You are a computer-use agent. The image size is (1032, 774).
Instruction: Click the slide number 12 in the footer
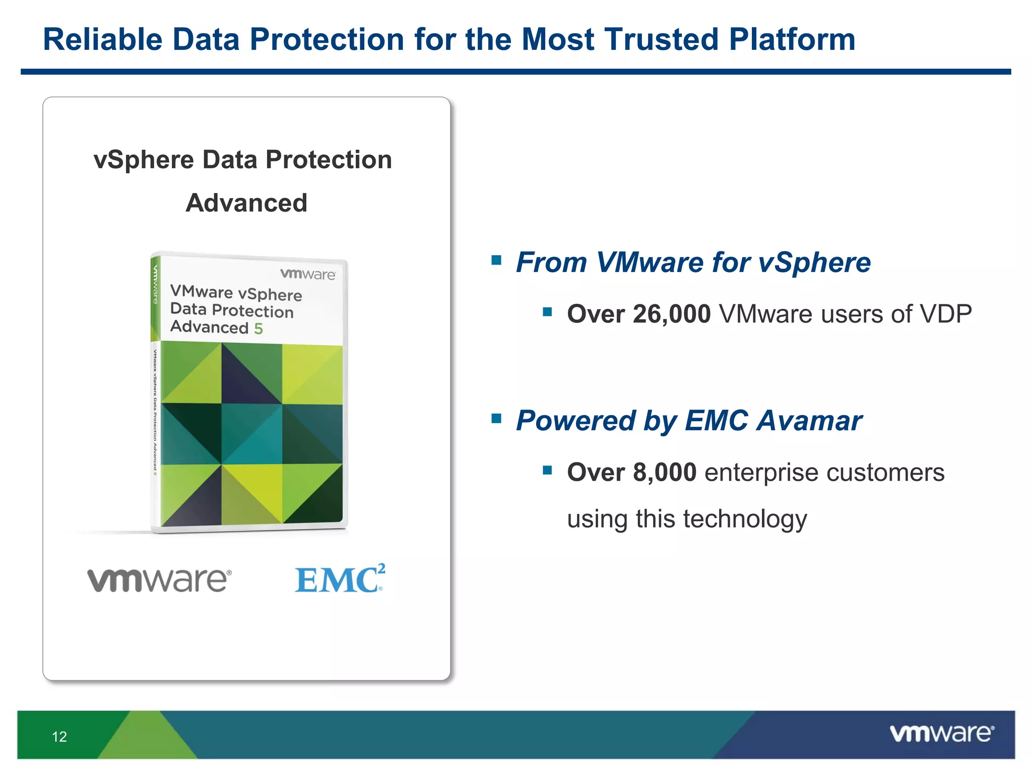(x=59, y=737)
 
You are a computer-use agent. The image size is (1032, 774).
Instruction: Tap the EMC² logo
(x=340, y=578)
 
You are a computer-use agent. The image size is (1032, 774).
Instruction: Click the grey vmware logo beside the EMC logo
(x=159, y=580)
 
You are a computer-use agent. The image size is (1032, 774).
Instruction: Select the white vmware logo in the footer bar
(x=942, y=733)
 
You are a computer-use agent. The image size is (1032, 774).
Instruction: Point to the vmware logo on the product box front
(x=307, y=274)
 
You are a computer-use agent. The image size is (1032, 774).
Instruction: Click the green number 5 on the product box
(x=258, y=329)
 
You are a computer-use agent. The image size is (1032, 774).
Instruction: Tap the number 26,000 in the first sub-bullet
(x=672, y=314)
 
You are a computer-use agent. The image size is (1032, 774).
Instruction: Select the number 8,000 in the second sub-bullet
(x=665, y=473)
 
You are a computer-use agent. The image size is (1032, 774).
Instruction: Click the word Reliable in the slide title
(x=103, y=39)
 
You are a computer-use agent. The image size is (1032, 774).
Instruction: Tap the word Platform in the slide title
(x=792, y=39)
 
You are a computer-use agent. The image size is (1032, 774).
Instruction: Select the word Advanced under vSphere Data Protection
(x=246, y=203)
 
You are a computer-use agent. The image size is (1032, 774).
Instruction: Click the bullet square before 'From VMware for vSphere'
(x=497, y=260)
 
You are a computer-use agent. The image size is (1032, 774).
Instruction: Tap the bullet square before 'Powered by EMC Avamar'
(x=497, y=418)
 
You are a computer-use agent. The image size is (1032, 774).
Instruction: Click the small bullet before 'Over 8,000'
(x=548, y=470)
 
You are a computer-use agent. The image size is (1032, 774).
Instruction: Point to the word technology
(x=745, y=519)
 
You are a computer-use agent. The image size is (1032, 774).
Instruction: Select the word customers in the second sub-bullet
(x=885, y=473)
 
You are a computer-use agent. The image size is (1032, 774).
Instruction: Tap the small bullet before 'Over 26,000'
(x=548, y=312)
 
